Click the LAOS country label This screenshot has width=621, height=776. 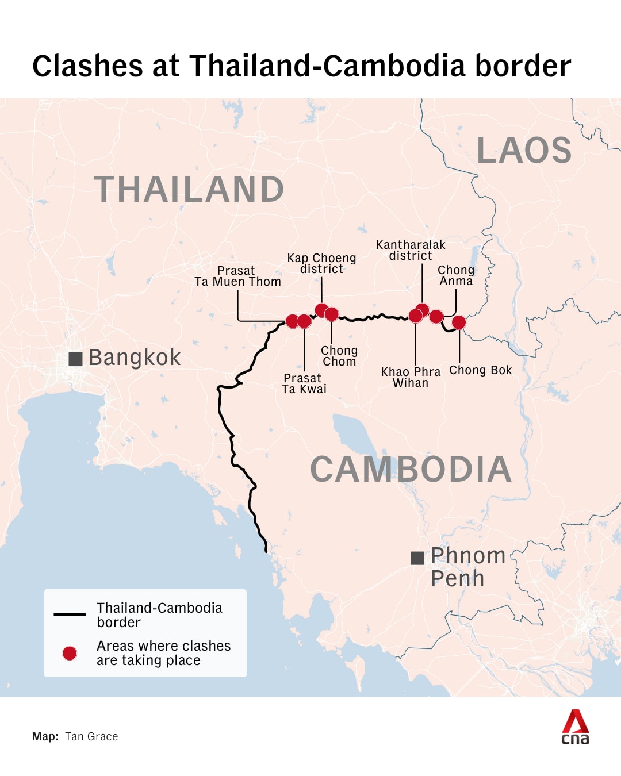524,150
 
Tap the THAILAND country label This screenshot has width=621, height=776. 189,189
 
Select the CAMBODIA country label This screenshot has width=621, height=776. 411,469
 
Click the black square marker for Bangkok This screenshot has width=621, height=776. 75,359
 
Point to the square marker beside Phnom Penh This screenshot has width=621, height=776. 417,558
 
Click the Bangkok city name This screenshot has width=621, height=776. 135,358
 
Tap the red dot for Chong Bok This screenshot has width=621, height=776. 459,322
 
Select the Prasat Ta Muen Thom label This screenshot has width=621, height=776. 237,276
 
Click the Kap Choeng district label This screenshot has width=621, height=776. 321,263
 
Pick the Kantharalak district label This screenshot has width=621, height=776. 411,250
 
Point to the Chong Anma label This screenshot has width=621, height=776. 456,275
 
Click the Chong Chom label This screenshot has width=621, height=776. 339,356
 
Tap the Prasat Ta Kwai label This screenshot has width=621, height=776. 304,383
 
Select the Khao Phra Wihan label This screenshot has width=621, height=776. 411,377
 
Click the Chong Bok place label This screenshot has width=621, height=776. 480,370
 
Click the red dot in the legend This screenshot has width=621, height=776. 70,653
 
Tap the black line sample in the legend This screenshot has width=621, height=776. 70,614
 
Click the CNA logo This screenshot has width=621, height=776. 575,727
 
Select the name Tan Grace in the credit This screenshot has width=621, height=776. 91,736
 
